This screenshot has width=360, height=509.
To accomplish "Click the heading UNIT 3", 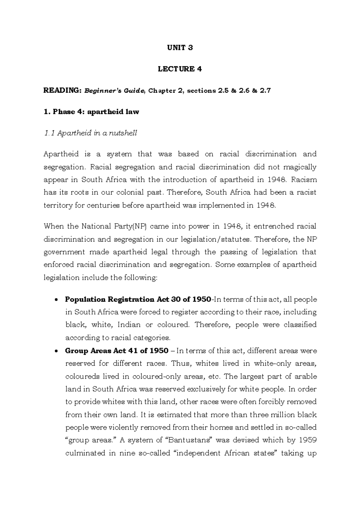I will (x=180, y=47).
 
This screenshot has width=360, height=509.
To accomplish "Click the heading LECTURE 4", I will (x=180, y=69).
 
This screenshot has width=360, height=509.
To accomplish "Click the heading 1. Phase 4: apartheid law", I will (x=91, y=112).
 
